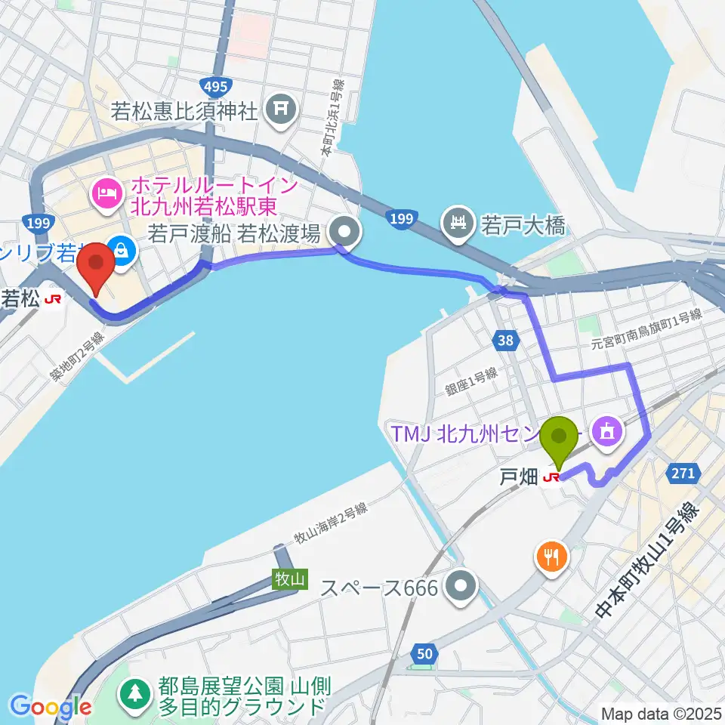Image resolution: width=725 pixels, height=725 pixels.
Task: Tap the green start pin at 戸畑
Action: [560, 438]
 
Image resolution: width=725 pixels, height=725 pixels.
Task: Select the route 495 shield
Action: [215, 87]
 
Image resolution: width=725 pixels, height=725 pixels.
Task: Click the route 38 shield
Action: [506, 341]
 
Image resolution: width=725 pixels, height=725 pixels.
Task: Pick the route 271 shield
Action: [683, 473]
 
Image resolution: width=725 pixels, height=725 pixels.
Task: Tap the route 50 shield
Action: [424, 655]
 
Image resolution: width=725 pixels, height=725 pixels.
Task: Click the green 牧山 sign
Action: [291, 579]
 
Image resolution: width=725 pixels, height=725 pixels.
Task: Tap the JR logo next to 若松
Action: [53, 300]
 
